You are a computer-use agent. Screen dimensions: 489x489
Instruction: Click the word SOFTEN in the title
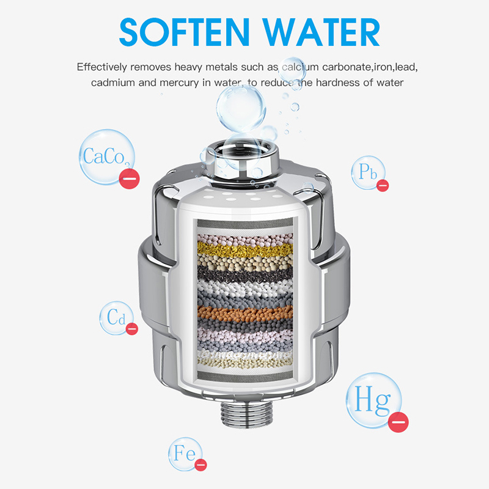(185, 32)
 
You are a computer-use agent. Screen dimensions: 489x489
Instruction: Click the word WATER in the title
(321, 32)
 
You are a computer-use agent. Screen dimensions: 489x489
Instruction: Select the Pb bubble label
(368, 172)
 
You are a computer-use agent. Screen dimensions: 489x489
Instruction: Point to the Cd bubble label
(116, 317)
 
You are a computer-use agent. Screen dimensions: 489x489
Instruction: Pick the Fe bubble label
(185, 453)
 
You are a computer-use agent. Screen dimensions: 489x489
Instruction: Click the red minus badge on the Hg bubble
(399, 422)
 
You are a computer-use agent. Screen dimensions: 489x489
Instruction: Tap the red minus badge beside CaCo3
(130, 178)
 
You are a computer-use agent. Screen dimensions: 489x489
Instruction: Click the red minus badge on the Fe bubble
(200, 465)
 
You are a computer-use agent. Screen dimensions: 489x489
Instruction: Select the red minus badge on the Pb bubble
(383, 186)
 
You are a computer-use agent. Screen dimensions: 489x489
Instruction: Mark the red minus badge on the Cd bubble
(132, 329)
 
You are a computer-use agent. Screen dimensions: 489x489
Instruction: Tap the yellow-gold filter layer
(245, 249)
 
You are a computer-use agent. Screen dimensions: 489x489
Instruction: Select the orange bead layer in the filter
(245, 314)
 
